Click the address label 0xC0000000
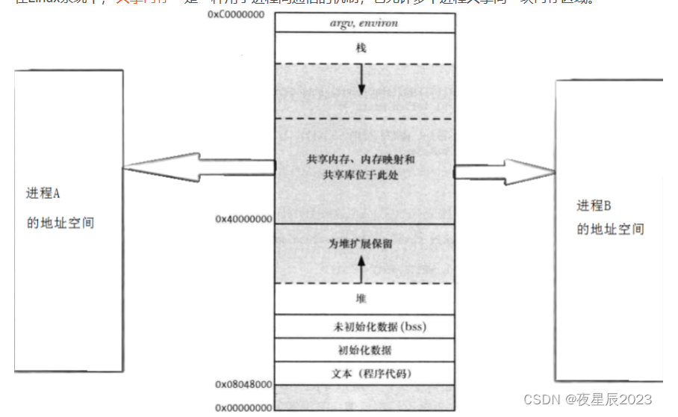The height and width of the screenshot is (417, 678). [x=240, y=15]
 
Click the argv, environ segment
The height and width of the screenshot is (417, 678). [x=364, y=23]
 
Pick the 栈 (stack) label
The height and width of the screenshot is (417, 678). [x=361, y=48]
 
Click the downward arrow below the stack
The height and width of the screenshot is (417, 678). [x=361, y=80]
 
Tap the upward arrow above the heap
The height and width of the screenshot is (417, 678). [x=361, y=268]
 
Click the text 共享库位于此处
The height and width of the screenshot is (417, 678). [x=361, y=174]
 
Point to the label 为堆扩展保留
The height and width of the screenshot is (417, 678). [x=361, y=244]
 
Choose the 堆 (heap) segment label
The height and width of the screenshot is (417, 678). [x=361, y=298]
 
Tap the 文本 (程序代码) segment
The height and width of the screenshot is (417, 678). [x=364, y=372]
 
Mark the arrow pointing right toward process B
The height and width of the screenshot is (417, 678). [x=505, y=171]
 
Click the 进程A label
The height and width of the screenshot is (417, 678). [x=43, y=193]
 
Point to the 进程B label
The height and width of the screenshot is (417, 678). [x=594, y=206]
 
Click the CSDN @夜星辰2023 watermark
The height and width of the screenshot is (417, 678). [x=588, y=400]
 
